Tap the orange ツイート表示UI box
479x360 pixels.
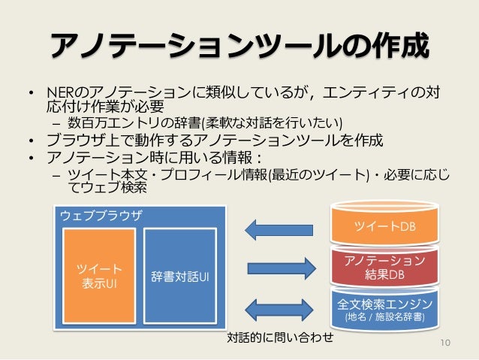point(98,276)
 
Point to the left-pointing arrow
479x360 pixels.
point(278,228)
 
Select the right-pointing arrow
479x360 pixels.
point(279,267)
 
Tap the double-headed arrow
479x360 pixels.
point(279,308)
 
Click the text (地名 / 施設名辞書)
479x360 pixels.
point(384,318)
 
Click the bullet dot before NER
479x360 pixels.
point(32,95)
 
